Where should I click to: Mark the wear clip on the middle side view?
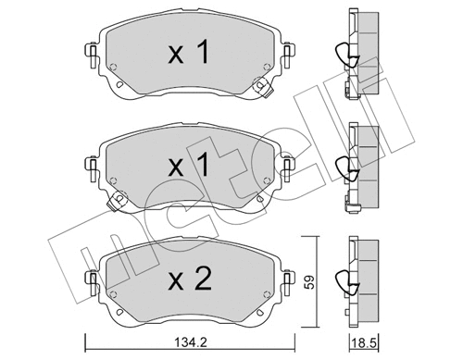[x=344, y=168]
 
